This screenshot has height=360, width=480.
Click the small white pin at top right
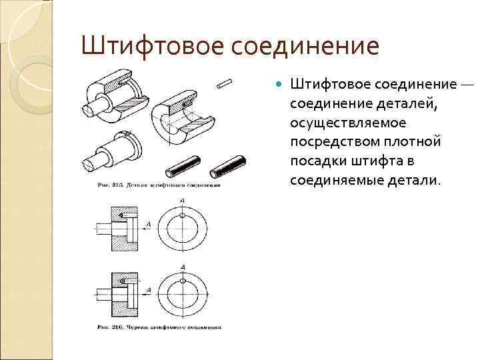[x=225, y=83]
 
